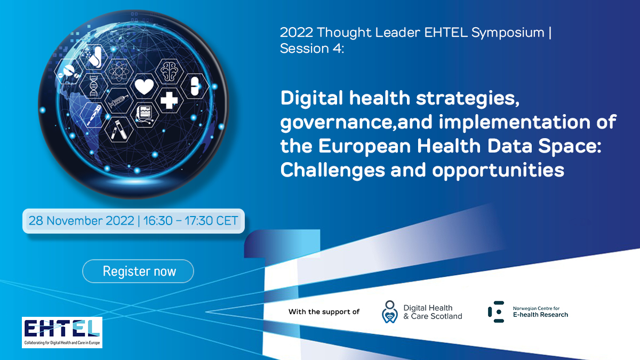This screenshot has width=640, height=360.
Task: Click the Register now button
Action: pos(138,271)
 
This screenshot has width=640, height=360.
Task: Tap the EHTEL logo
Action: pos(62,332)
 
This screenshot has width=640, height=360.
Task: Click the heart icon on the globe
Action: pos(145,86)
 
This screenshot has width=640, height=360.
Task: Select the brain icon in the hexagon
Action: pos(169,71)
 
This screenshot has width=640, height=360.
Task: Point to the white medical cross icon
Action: pos(169,100)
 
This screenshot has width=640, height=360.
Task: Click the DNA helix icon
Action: pos(93,85)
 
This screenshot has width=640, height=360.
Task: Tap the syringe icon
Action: pos(118,101)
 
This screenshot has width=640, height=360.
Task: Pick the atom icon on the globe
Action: pos(119,70)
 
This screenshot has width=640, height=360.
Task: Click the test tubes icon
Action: pos(119,130)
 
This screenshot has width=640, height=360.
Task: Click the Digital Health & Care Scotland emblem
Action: pos(390,311)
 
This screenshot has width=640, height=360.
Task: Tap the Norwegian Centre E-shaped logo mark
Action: pos(496,311)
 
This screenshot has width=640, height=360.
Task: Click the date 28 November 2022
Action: pos(81,221)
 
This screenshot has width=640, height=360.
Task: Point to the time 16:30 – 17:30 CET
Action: pos(190,221)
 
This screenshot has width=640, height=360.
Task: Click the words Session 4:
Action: pos(311,49)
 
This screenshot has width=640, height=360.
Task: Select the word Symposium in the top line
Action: pos(508,33)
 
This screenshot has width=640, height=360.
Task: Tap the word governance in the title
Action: pos(337,123)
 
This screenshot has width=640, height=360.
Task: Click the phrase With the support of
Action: pos(324,311)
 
